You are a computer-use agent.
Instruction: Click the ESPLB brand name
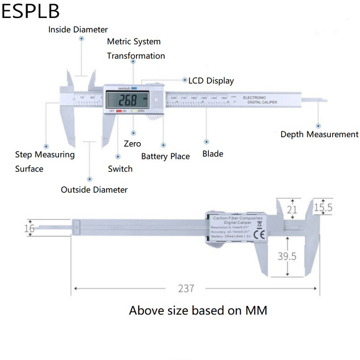pos(30,12)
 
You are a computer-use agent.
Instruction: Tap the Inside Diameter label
pos(78,30)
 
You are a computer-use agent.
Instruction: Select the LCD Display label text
pos(211,81)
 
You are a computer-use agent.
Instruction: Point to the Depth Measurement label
pos(319,134)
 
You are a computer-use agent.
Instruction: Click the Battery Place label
pos(165,157)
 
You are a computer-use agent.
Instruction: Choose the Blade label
pos(212,154)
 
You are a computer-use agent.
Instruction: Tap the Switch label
pos(120,169)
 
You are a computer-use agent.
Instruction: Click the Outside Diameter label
pos(94,189)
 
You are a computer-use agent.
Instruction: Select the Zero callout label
pos(132,144)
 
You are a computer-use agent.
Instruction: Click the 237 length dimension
pos(186,288)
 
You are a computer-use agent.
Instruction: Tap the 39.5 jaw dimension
pos(287,256)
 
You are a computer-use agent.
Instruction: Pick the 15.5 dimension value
pos(323,207)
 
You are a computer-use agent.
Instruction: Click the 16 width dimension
pos(29,229)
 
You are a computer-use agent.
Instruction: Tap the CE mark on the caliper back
pos(259,234)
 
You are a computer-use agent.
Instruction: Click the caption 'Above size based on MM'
pos(198,310)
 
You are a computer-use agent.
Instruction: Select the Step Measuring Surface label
pos(45,162)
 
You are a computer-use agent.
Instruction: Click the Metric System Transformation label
pos(135,49)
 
